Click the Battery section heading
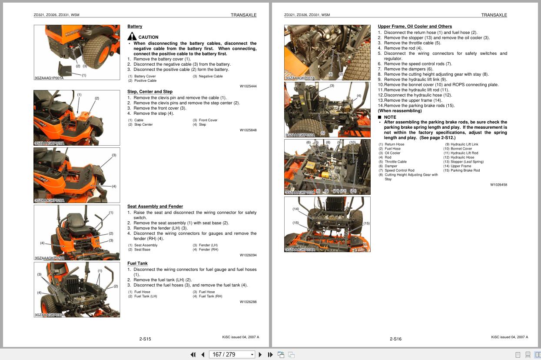coord(135,27)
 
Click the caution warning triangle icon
coord(132,37)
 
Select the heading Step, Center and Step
coord(150,92)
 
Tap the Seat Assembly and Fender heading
coord(155,207)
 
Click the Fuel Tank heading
coord(137,263)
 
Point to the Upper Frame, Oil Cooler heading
coord(415,27)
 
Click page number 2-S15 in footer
coord(145,339)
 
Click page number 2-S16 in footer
coord(395,339)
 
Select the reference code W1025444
coord(248,86)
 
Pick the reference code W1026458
coord(498,185)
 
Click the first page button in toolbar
coord(193,355)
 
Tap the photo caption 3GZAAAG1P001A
coord(49,78)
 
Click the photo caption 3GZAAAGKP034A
coord(300,250)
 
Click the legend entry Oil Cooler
coord(392,153)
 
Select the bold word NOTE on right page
coord(390,117)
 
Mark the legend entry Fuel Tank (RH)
coord(210,296)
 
